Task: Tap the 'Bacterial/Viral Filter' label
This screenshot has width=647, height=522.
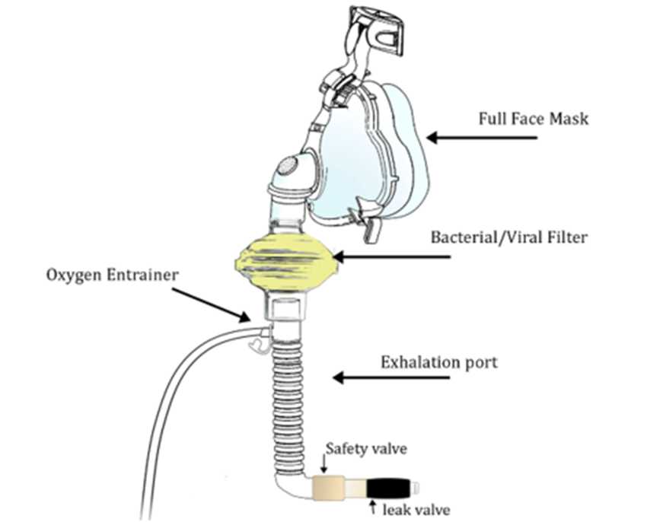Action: click(x=509, y=237)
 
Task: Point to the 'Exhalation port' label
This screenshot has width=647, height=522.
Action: click(x=438, y=361)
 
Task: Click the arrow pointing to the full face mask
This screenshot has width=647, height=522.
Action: click(x=481, y=138)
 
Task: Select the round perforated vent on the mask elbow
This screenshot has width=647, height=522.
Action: click(x=288, y=167)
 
